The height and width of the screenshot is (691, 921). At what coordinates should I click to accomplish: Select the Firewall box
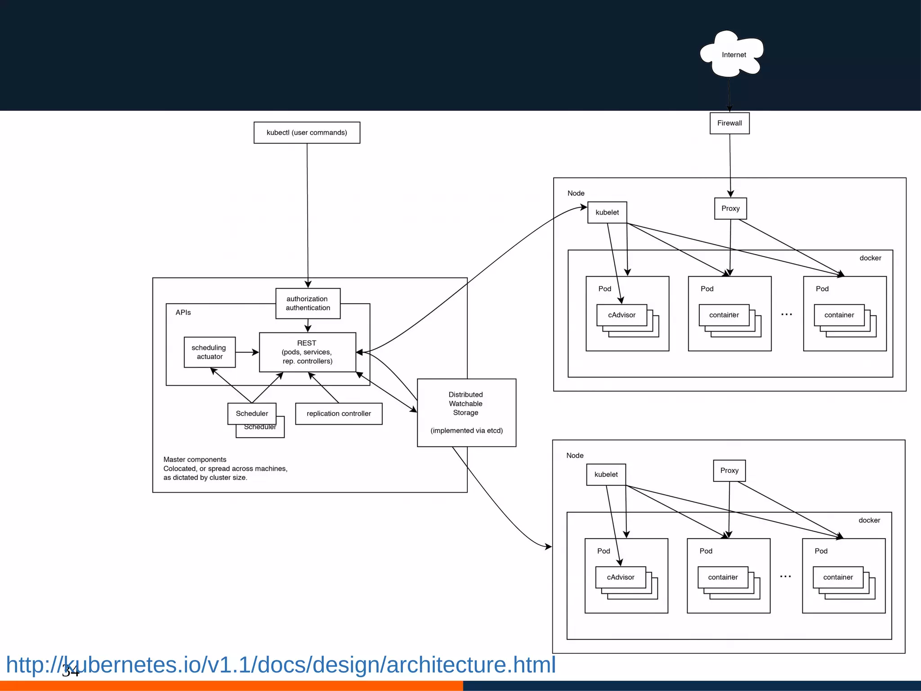tap(729, 123)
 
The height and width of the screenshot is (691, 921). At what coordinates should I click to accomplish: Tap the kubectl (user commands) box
tap(307, 133)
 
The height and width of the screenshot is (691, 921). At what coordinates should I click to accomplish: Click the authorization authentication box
tap(308, 303)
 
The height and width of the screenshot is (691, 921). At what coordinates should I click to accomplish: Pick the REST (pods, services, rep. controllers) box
tap(307, 352)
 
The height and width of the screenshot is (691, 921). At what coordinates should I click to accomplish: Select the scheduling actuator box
tap(209, 352)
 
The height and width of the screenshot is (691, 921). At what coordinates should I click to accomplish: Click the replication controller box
tap(338, 413)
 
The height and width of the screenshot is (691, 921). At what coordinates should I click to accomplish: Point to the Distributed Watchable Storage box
tap(466, 412)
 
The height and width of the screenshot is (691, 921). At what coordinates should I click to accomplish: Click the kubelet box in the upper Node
tap(607, 212)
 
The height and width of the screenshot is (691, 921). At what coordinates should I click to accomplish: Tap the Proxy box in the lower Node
tap(729, 471)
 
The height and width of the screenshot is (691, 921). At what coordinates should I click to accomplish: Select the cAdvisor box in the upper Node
tap(621, 315)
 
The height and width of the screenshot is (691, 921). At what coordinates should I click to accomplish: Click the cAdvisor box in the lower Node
tap(620, 577)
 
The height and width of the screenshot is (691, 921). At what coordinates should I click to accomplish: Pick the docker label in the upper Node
tap(870, 258)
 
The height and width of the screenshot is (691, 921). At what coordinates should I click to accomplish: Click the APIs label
tap(183, 312)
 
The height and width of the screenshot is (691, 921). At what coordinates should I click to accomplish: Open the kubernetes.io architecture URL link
tap(281, 664)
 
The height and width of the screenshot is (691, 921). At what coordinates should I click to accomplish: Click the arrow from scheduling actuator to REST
tap(247, 352)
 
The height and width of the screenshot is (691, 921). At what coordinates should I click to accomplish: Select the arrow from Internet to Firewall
tap(729, 94)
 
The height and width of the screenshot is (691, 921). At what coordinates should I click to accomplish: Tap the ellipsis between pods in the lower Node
tap(785, 576)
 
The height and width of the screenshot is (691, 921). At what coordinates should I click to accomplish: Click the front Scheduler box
tap(251, 413)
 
